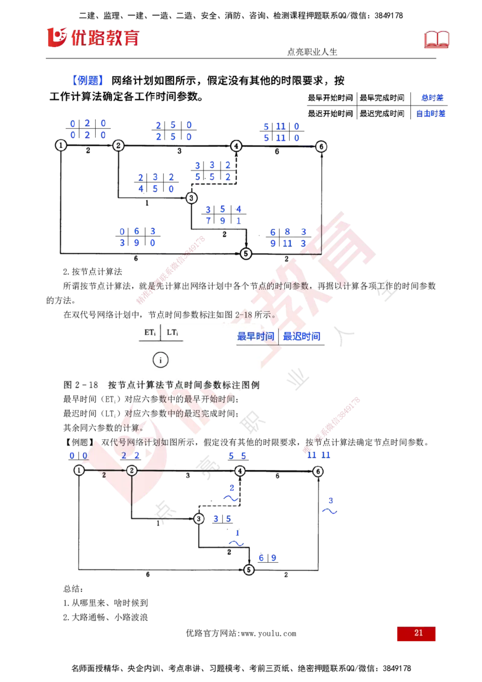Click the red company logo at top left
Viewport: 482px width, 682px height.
tap(92, 37)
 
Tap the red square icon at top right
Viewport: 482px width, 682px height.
tap(438, 40)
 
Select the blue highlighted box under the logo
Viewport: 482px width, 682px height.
tap(88, 80)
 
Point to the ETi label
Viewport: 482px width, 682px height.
tap(150, 333)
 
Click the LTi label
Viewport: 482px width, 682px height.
tap(173, 333)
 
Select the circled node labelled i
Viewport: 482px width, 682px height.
tap(160, 360)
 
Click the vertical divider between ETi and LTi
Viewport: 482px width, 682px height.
tap(161, 333)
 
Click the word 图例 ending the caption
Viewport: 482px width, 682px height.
tap(250, 385)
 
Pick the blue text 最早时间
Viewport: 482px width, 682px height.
tap(256, 336)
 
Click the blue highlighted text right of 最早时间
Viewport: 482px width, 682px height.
tap(303, 336)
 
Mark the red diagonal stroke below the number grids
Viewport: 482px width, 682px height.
tap(171, 270)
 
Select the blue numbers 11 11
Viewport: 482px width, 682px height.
tap(319, 456)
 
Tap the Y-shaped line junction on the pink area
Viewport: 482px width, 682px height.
tap(131, 471)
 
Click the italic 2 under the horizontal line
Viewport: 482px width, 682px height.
tap(104, 475)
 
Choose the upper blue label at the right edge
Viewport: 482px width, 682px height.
tap(433, 97)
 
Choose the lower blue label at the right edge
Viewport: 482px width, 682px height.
tap(431, 113)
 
